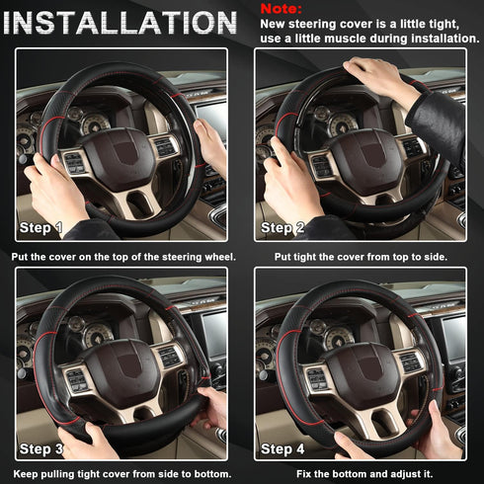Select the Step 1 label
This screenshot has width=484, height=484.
[41, 228]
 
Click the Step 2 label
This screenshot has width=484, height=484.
[282, 228]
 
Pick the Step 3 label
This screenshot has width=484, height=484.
[42, 447]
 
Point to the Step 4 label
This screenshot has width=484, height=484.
[283, 447]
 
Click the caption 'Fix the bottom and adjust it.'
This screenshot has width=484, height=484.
[363, 476]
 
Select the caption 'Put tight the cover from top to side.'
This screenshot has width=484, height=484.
[363, 257]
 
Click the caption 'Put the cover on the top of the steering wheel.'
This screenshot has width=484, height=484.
[122, 257]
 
